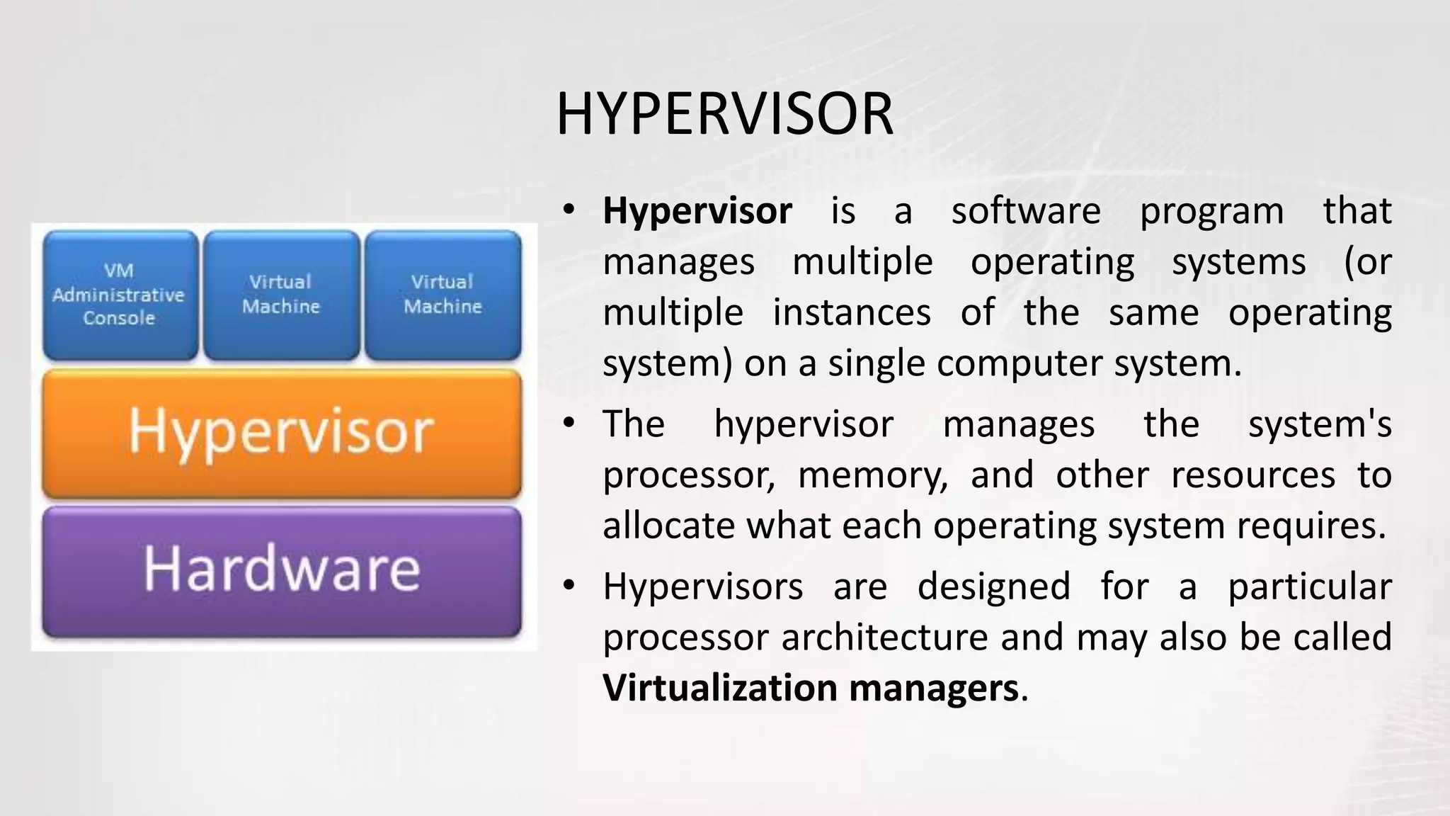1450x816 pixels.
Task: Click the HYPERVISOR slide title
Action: tap(724, 115)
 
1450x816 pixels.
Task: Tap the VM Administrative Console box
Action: tap(120, 294)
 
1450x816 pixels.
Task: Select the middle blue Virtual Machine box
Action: tap(281, 294)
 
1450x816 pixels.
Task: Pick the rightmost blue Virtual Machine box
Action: tap(443, 294)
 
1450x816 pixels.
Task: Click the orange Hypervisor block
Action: tap(281, 432)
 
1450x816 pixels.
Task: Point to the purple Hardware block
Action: tap(281, 570)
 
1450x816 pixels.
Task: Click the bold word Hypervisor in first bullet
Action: tap(697, 211)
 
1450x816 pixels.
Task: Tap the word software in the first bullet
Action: tap(1025, 211)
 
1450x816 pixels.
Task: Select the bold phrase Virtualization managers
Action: tap(810, 688)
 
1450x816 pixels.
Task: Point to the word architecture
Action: tap(884, 637)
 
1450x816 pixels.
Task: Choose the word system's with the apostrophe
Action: tap(1319, 424)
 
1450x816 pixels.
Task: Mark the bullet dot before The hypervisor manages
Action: tap(568, 423)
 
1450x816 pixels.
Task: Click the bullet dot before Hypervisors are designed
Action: tap(568, 586)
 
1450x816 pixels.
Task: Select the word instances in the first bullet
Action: tap(851, 312)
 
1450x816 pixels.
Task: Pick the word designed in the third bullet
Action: tap(993, 586)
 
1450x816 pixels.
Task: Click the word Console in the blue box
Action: tap(119, 318)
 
